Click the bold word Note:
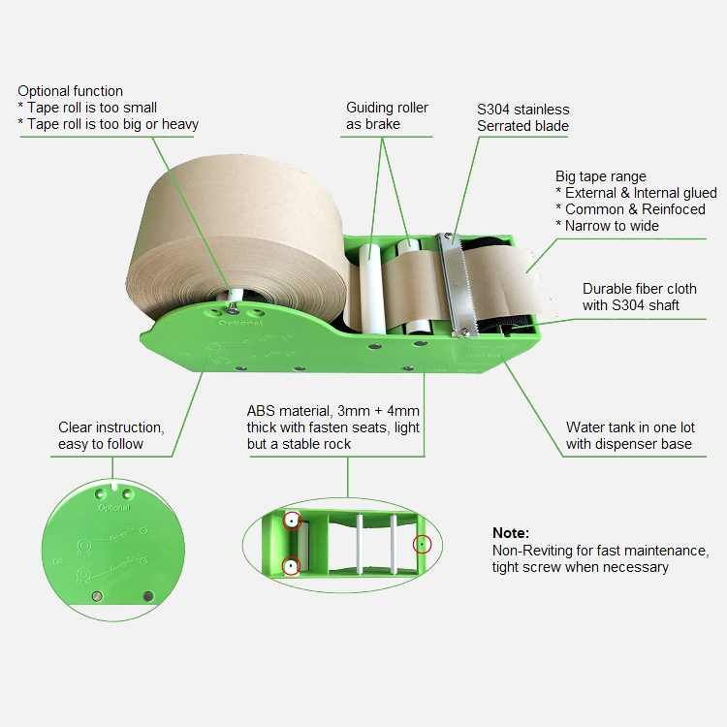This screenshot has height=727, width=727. click(x=511, y=533)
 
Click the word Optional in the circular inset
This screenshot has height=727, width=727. click(x=114, y=508)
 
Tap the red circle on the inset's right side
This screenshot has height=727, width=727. click(x=422, y=544)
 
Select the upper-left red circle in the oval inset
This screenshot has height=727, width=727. click(x=292, y=521)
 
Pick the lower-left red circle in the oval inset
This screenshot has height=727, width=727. click(x=291, y=566)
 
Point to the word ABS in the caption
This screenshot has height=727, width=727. click(x=261, y=411)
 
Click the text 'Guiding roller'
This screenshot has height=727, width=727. click(x=387, y=108)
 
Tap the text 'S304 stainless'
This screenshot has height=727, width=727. click(x=523, y=110)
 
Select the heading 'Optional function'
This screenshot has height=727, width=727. click(x=70, y=91)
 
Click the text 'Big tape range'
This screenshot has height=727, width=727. click(x=601, y=176)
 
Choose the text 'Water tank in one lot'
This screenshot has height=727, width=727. click(x=631, y=427)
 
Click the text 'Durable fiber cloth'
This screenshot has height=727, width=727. click(x=640, y=289)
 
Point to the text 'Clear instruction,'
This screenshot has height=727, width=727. click(x=111, y=427)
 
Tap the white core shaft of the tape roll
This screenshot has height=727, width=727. click(x=237, y=297)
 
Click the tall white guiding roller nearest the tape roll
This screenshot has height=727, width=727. click(x=371, y=289)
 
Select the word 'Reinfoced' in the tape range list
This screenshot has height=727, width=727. click(x=674, y=209)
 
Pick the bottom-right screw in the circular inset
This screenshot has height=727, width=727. click(x=148, y=596)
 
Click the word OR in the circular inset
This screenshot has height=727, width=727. click(x=57, y=561)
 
